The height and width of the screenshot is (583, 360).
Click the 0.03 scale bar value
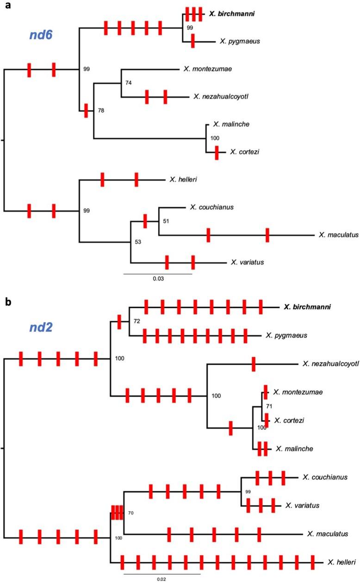(158, 279)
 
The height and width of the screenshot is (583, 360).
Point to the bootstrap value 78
(100, 111)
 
